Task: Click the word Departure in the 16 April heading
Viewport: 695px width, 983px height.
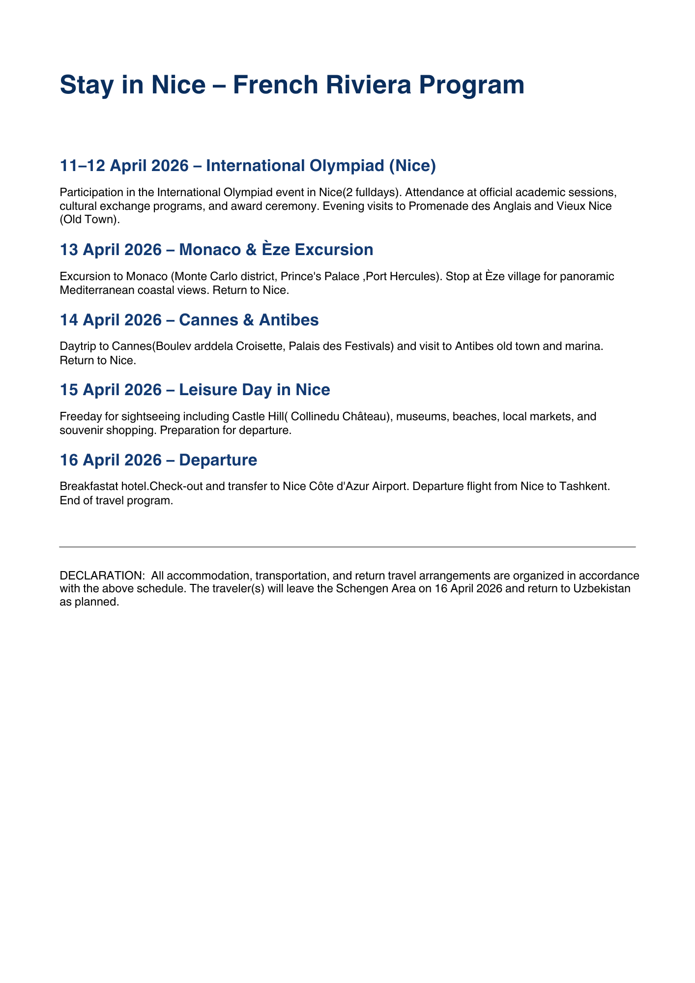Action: tap(218, 460)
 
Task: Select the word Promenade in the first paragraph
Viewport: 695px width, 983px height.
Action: tap(433, 206)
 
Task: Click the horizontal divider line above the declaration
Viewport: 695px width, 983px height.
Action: tap(347, 547)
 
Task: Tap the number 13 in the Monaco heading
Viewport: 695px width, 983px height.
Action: tap(69, 250)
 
